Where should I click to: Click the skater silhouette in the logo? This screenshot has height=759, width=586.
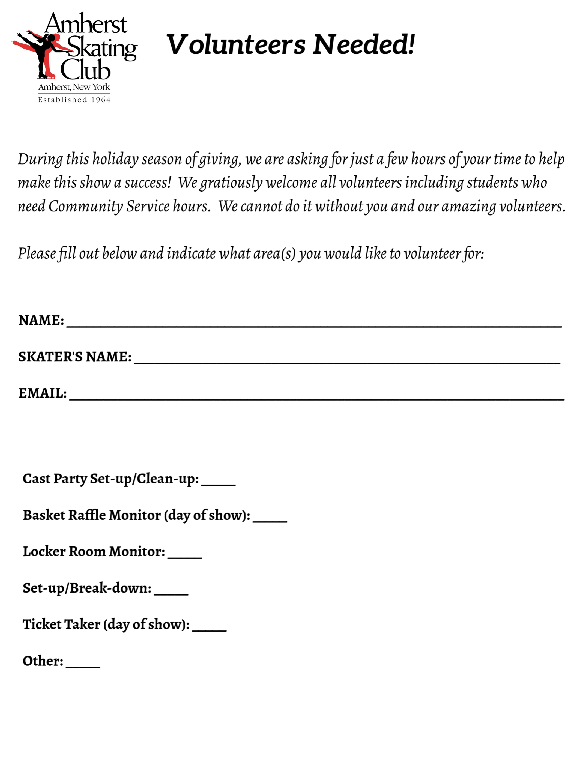click(43, 54)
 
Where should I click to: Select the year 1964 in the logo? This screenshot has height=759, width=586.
click(100, 100)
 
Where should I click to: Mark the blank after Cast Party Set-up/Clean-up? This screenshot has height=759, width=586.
click(218, 483)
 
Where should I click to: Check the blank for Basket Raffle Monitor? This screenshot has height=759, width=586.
click(270, 519)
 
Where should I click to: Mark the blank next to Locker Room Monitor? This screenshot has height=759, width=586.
click(185, 556)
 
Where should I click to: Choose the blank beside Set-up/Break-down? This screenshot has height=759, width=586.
click(171, 593)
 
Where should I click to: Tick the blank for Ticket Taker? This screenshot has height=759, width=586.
click(209, 629)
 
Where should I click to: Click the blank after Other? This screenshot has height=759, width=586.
click(83, 665)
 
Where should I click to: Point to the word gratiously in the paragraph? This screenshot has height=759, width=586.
click(231, 183)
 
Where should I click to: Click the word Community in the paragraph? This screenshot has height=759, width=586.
click(85, 207)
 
